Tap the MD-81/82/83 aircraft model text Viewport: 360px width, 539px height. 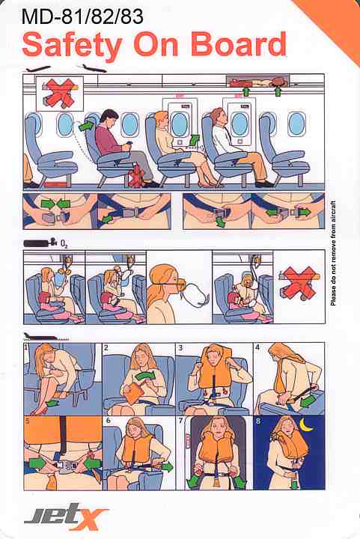click(82, 16)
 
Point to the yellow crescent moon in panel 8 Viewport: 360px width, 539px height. click(307, 425)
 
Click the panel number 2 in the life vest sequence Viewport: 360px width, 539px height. click(106, 347)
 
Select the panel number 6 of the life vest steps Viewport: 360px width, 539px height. click(109, 421)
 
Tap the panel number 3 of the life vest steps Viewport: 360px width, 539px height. click(180, 347)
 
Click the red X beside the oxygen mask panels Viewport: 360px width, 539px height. click(299, 283)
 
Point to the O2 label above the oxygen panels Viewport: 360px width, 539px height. click(64, 244)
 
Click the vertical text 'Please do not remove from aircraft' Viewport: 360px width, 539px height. click(333, 253)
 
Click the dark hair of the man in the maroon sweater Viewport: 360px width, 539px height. click(109, 116)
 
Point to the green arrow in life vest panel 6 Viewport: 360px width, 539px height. click(168, 467)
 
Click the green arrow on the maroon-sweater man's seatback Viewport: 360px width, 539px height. click(88, 127)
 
